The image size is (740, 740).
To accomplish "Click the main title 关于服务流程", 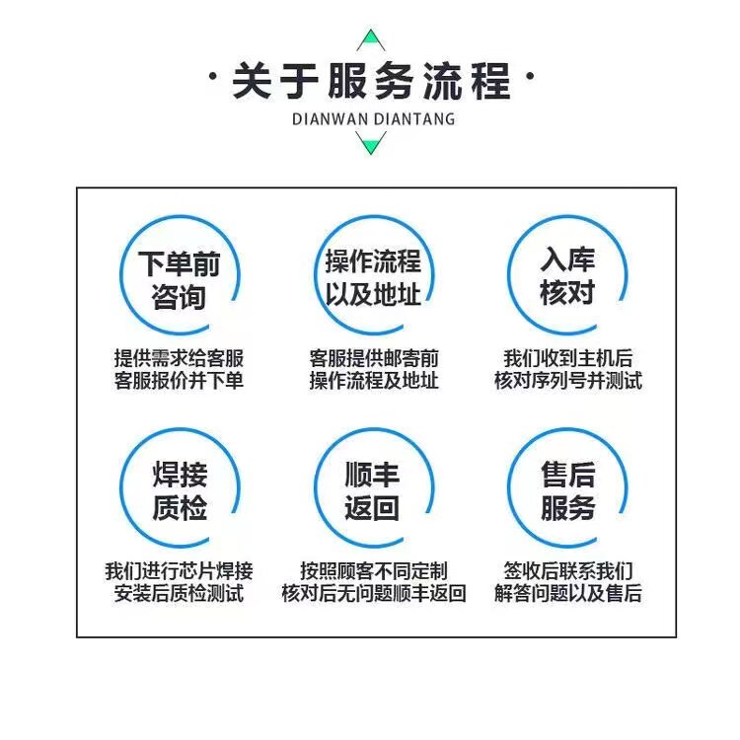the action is pyautogui.click(x=371, y=81).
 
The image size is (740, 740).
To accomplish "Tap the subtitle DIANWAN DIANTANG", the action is pyautogui.click(x=373, y=119).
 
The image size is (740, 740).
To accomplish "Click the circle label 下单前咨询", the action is pyautogui.click(x=179, y=280).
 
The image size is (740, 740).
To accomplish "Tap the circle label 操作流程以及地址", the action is pyautogui.click(x=373, y=277).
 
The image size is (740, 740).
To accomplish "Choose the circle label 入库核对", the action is pyautogui.click(x=566, y=275).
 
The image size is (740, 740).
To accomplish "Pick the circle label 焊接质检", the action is pyautogui.click(x=180, y=490).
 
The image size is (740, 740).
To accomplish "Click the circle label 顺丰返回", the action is pyautogui.click(x=372, y=490).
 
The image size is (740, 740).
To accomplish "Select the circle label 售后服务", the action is pyautogui.click(x=567, y=490).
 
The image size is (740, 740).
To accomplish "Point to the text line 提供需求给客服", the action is pyautogui.click(x=179, y=358).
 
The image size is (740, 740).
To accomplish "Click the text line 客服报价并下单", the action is pyautogui.click(x=179, y=381).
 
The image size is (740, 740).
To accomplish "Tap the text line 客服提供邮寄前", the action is pyautogui.click(x=374, y=358).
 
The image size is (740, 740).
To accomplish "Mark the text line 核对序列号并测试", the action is pyautogui.click(x=567, y=381).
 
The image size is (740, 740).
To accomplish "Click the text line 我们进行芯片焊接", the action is pyautogui.click(x=179, y=571).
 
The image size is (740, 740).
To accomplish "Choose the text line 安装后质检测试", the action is pyautogui.click(x=179, y=593).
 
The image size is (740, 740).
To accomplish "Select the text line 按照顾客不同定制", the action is pyautogui.click(x=374, y=571).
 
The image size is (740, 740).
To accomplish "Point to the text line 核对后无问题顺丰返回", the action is pyautogui.click(x=374, y=593).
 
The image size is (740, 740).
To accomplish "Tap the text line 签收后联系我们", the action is pyautogui.click(x=567, y=571).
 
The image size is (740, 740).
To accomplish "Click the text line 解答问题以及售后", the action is pyautogui.click(x=567, y=593).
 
